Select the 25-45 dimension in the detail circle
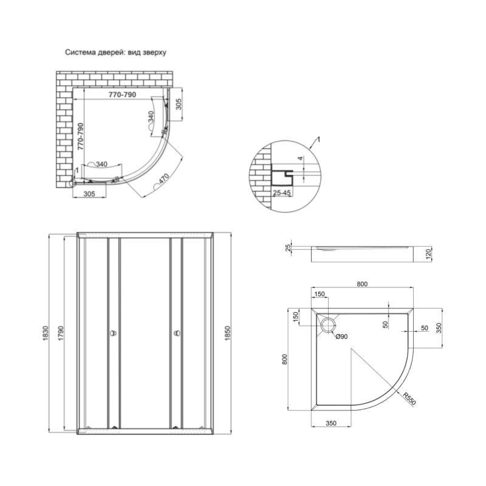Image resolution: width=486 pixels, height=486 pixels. (x=282, y=193)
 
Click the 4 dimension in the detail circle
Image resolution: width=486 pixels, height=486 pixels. (x=300, y=158)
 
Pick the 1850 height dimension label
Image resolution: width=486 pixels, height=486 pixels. (x=228, y=333)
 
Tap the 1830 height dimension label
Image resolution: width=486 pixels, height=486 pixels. (x=45, y=333)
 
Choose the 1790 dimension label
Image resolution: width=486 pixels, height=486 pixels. (x=60, y=333)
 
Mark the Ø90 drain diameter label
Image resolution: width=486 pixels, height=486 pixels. (x=342, y=337)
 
